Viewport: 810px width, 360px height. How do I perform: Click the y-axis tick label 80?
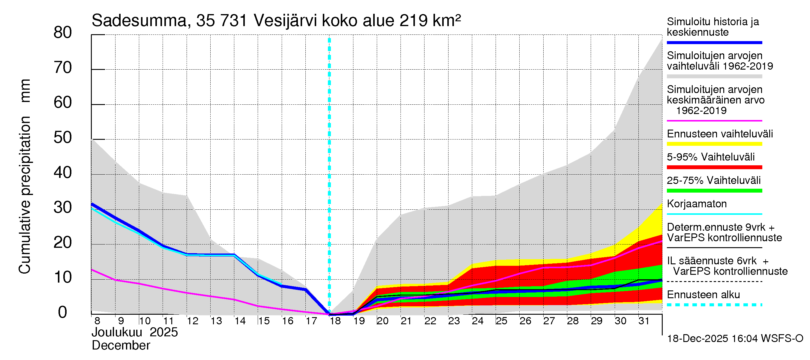63,33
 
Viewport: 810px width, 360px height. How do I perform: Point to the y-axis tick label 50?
63,138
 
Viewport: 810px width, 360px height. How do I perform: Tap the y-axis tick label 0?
63,312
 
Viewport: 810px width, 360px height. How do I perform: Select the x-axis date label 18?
335,321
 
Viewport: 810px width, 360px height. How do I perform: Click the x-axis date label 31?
644,321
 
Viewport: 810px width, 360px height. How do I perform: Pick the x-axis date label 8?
97,321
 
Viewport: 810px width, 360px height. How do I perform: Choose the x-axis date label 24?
477,321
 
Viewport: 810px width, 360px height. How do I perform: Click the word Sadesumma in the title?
139,21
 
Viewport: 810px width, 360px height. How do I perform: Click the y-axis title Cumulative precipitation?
25,195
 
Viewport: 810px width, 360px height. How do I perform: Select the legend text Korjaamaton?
697,204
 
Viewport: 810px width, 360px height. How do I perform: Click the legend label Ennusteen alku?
703,295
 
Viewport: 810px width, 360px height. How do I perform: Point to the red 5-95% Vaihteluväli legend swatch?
714,167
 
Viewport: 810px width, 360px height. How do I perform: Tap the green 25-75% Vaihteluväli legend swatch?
714,190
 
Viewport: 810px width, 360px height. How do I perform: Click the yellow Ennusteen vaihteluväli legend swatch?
714,144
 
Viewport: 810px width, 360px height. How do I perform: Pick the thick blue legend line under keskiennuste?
714,42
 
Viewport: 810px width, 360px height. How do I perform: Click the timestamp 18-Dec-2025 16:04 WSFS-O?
735,339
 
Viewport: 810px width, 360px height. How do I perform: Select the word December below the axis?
121,346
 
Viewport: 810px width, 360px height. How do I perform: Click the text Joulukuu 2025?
135,332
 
